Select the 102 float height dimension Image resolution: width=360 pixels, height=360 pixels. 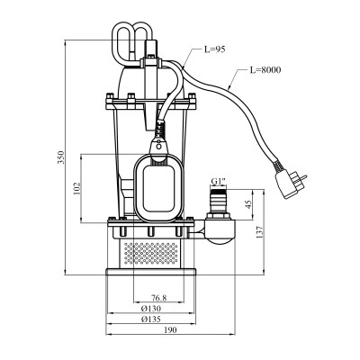pyautogui.click(x=78, y=189)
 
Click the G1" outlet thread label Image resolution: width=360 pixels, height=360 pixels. pyautogui.click(x=219, y=182)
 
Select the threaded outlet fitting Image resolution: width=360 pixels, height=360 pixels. pyautogui.click(x=218, y=202)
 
